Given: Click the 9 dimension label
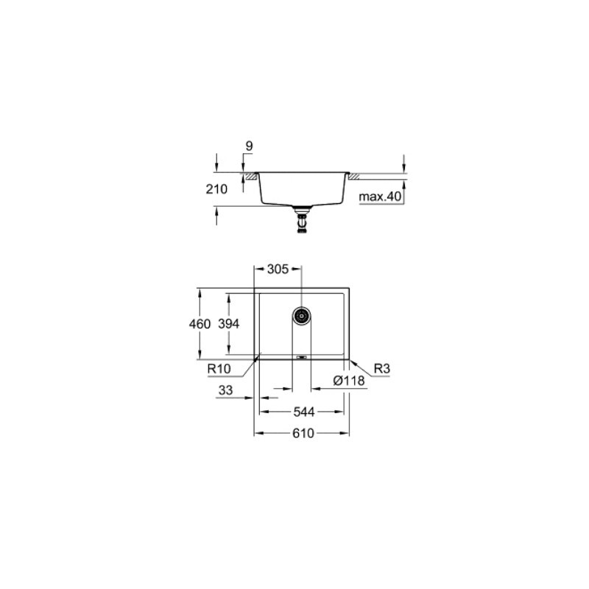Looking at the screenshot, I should coord(249,147).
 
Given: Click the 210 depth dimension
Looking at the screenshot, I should coord(217,188).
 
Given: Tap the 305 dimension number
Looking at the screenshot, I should coord(277,269).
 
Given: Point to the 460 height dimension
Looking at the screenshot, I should coord(200,324).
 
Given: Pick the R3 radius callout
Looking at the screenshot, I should coord(381,368).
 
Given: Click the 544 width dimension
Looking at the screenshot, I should coord(302,412).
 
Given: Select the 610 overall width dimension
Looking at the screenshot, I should coord(302,434).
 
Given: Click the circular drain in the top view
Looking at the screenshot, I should coord(301,316).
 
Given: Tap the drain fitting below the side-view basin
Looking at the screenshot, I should coord(301,219).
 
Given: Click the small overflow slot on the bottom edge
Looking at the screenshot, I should coord(301,357).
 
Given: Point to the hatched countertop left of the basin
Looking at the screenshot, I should coord(251,177).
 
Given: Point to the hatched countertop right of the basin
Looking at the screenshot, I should coord(354,177).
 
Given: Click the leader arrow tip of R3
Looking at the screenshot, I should coord(350,361).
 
